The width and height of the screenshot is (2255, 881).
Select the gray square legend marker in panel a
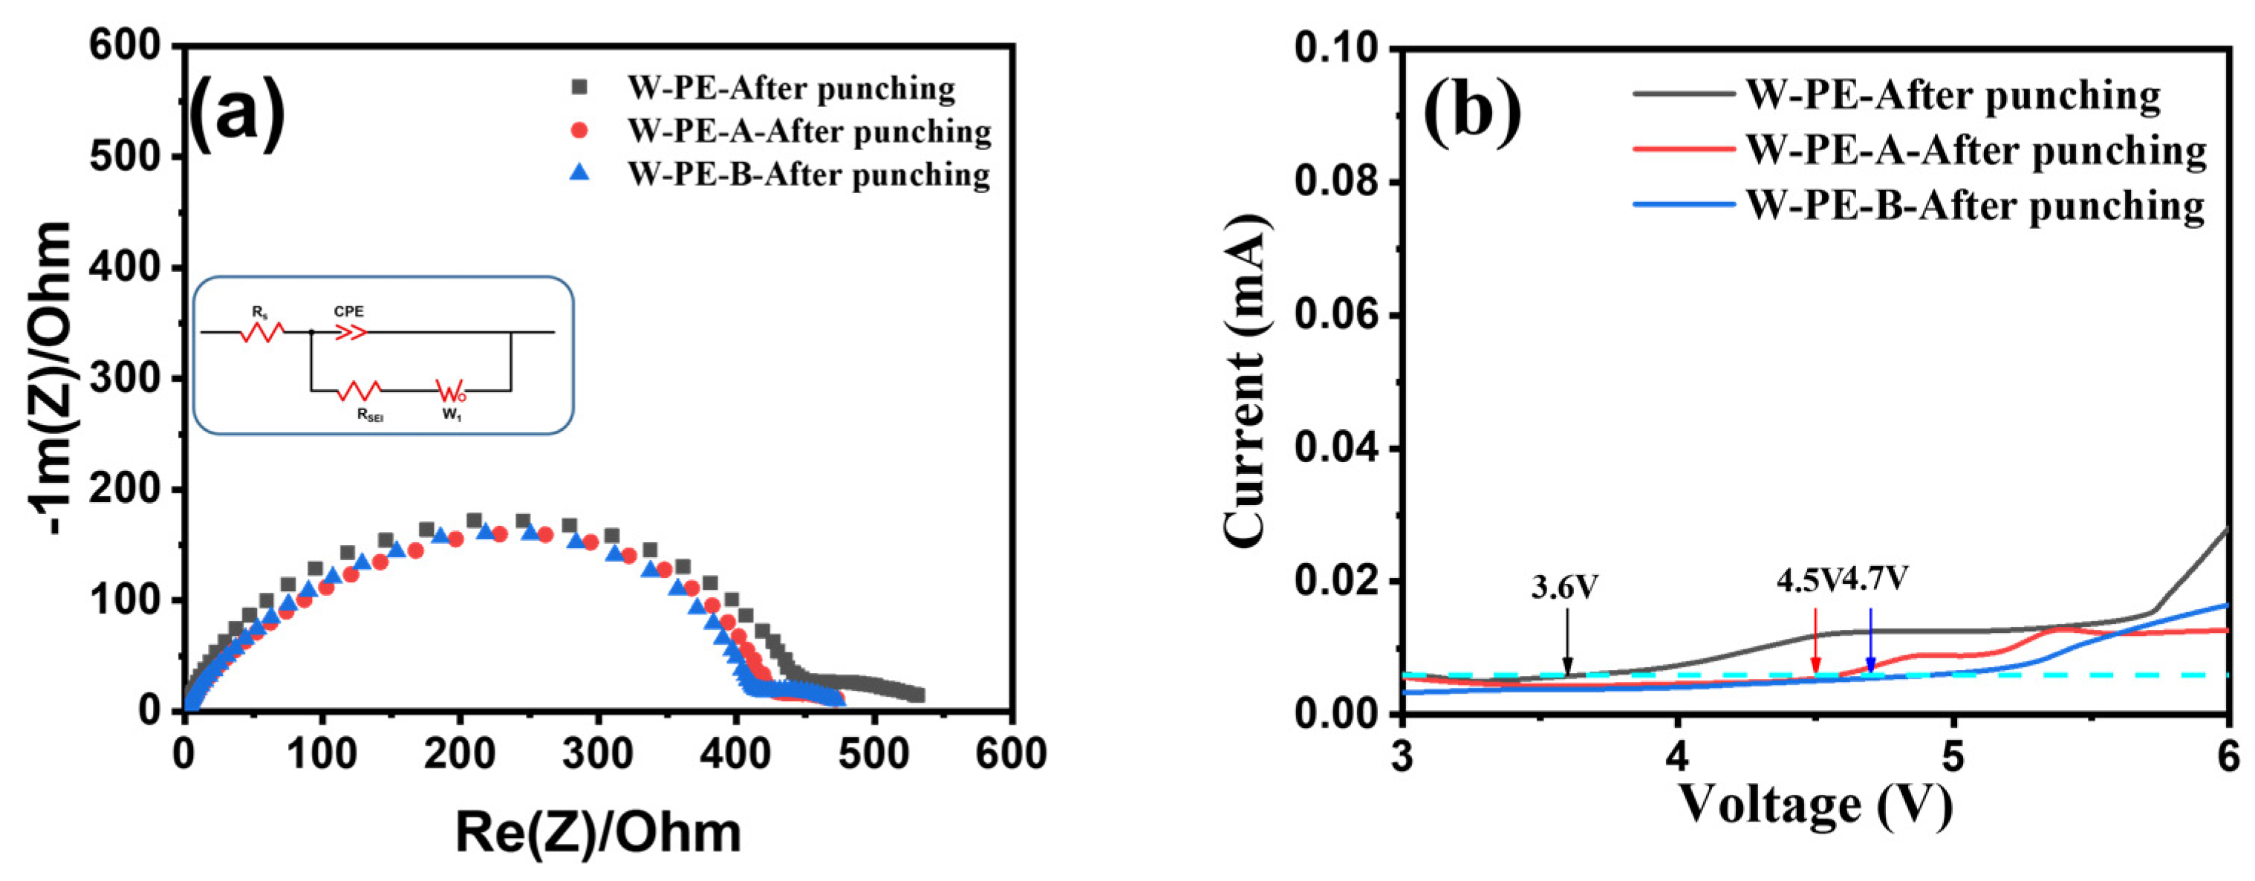[x=579, y=88]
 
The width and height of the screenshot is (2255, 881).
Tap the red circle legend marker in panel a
[x=579, y=131]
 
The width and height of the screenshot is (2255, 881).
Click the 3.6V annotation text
[x=1564, y=588]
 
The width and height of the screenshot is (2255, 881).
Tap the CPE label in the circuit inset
[x=348, y=312]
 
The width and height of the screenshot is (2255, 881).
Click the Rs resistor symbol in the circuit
[x=263, y=333]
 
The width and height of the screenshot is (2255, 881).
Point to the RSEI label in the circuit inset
[x=369, y=415]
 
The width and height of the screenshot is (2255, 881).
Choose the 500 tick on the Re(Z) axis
[x=873, y=754]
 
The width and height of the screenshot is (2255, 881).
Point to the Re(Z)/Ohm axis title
[x=598, y=832]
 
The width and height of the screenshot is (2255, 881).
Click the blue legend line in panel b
[x=1683, y=205]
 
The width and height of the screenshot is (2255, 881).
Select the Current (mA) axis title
[x=1246, y=382]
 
